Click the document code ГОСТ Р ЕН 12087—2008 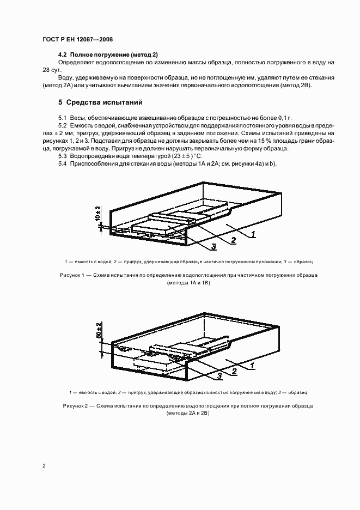coord(77,39)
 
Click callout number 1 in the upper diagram coord(253,234)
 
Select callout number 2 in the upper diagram coord(233,240)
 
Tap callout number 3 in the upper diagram coord(213,247)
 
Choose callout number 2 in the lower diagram coord(234,371)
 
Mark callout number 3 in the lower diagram coord(219,375)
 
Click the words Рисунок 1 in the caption coord(72,275)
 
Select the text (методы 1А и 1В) coord(188,283)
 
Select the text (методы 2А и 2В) coord(188,414)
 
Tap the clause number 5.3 coord(63,156)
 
